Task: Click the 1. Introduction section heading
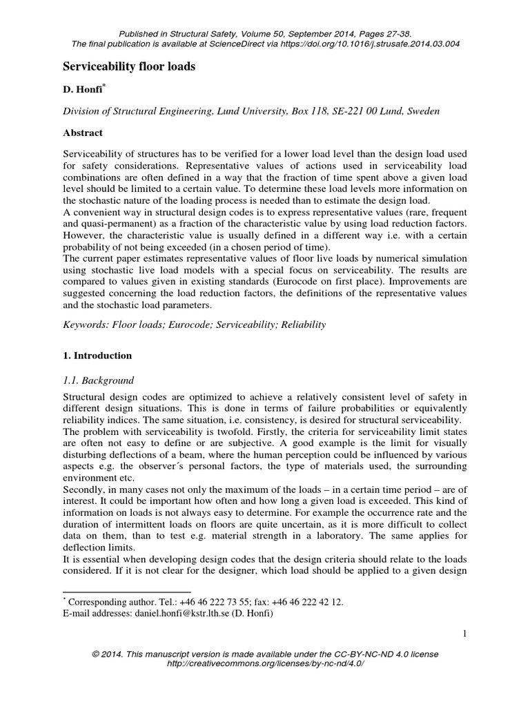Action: click(97, 356)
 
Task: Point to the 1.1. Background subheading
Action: click(99, 380)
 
